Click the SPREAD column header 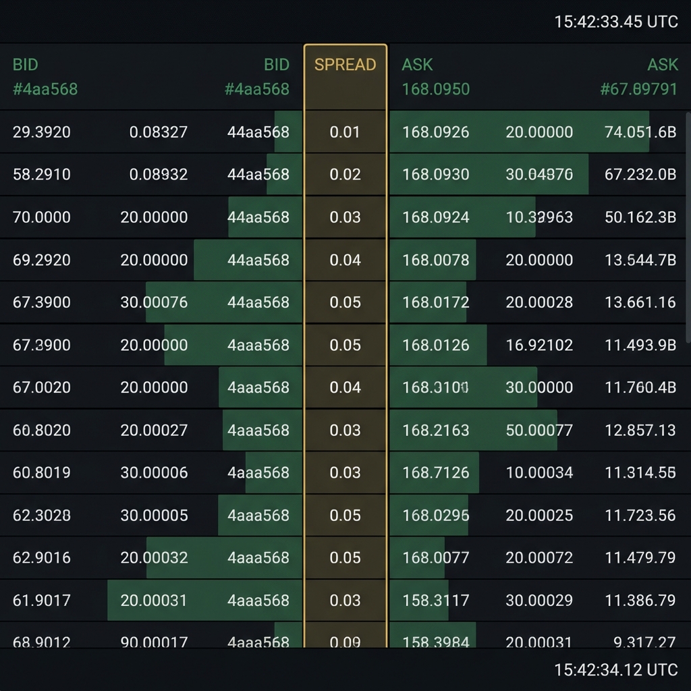point(345,65)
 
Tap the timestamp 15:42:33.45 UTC point(615,22)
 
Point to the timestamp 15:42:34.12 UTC point(615,669)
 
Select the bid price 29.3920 point(42,132)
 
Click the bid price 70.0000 point(42,217)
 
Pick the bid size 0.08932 point(159,175)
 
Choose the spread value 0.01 point(345,132)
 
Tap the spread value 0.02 point(345,175)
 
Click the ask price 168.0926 point(436,132)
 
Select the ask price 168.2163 point(436,430)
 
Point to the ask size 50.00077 point(539,430)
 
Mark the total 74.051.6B point(640,132)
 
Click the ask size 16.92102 point(539,345)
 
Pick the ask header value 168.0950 point(436,89)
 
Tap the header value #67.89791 point(638,89)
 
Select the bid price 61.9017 point(42,600)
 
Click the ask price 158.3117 point(436,600)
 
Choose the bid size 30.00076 point(154,302)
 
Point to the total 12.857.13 point(640,430)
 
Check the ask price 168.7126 point(436,472)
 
